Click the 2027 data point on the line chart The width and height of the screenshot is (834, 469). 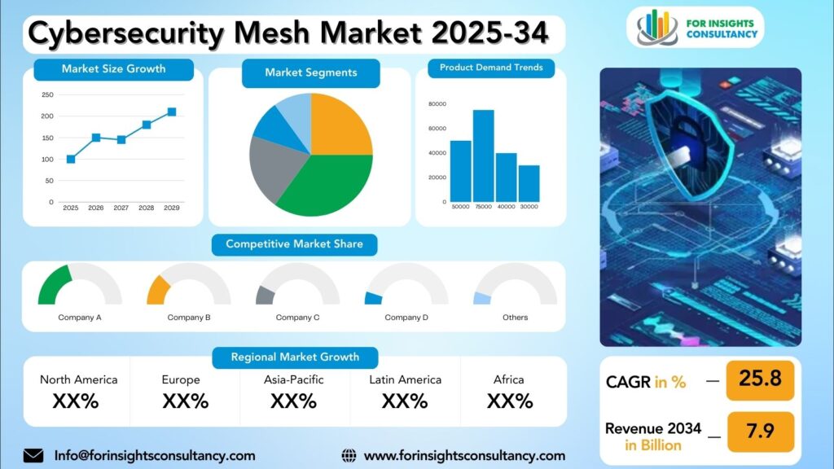coord(121,139)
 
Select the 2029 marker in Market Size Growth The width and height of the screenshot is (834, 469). coord(172,112)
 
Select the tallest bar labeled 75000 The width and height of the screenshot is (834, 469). coord(484,156)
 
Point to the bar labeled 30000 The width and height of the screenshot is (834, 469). coord(529,183)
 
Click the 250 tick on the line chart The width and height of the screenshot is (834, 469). coord(47,94)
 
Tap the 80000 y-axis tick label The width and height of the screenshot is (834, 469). coord(437,104)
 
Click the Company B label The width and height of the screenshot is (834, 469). coord(189,318)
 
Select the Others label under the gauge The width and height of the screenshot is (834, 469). coord(515,318)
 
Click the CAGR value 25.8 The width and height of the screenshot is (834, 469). coord(760,379)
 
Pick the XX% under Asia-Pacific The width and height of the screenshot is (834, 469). coord(293,401)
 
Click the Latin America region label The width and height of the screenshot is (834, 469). coord(405,379)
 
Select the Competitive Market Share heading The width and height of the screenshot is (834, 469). coord(294,243)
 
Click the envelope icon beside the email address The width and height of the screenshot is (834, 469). coord(33,455)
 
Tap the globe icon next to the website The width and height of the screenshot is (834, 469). coord(349,455)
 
